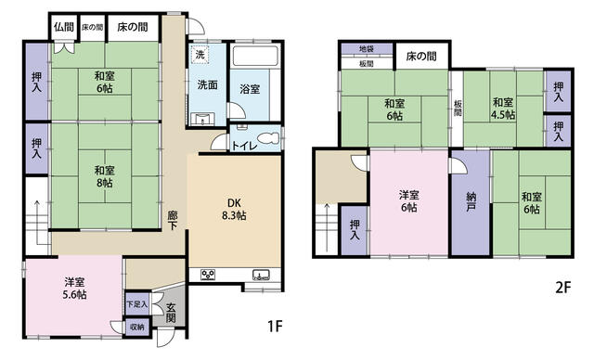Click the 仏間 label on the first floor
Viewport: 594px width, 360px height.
[62, 28]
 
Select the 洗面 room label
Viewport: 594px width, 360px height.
[206, 85]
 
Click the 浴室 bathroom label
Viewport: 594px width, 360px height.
[250, 90]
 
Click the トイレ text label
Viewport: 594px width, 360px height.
[244, 146]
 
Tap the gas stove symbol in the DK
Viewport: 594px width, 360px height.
[208, 274]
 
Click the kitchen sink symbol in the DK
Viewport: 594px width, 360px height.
[259, 274]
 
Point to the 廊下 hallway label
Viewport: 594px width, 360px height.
[173, 220]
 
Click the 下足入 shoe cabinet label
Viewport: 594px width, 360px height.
[136, 303]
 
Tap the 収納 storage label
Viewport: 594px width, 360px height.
[136, 327]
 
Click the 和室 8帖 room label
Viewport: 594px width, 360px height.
[103, 176]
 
